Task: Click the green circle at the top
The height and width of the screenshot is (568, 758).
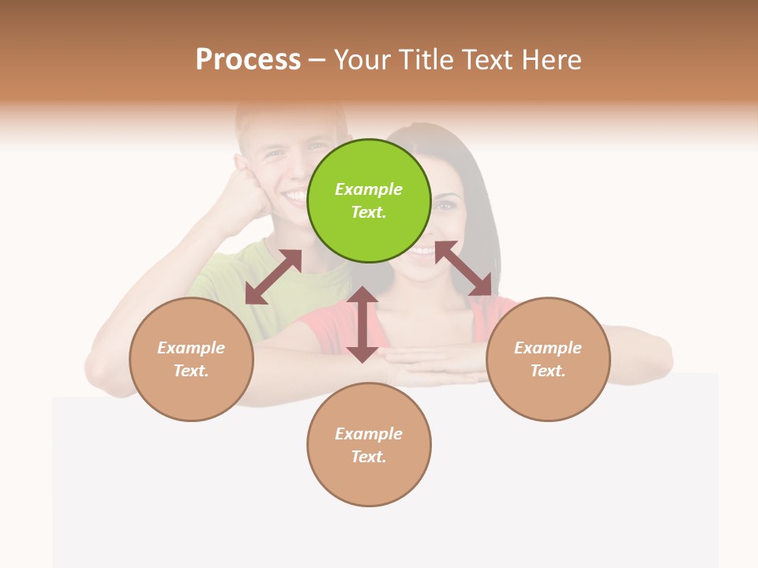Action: click(369, 200)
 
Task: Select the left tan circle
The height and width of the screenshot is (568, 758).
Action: click(191, 359)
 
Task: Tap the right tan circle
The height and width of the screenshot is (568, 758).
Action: click(548, 359)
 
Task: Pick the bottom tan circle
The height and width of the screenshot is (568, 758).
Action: click(369, 445)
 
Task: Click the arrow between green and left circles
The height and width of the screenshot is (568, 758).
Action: click(273, 277)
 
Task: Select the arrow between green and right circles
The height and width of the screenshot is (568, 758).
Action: click(463, 268)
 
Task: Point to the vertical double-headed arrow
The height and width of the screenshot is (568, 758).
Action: click(362, 324)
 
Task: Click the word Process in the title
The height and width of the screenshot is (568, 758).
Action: click(248, 60)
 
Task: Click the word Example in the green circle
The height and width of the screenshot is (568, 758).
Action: click(369, 189)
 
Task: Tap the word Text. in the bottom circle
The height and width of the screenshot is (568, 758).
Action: click(369, 457)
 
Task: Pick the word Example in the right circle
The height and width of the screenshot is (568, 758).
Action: click(548, 348)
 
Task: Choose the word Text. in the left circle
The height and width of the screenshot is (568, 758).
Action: click(191, 371)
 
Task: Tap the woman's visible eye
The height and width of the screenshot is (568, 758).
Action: click(446, 205)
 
